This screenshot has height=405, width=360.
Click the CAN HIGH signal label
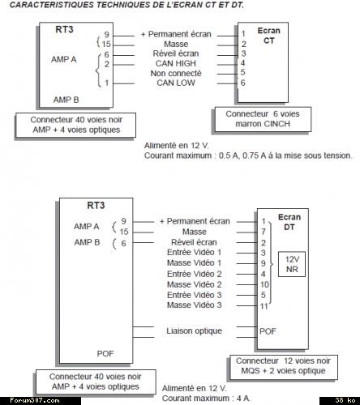(x=176, y=63)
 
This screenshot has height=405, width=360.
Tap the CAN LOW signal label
(x=176, y=83)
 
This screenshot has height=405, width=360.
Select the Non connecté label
(x=176, y=73)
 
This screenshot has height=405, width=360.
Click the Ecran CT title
(x=268, y=36)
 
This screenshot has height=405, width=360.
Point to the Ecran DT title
(x=289, y=222)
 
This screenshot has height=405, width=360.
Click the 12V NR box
(x=292, y=264)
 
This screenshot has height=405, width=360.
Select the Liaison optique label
(x=194, y=330)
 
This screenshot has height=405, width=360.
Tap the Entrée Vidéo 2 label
(x=195, y=274)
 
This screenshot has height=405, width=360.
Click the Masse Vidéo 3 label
(x=195, y=305)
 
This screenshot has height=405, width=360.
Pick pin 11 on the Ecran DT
(x=264, y=306)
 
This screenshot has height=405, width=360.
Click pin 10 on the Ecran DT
(x=264, y=284)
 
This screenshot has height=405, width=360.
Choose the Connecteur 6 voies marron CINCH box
(x=263, y=119)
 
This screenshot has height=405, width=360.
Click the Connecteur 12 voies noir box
(x=283, y=366)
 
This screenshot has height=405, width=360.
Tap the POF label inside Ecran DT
(x=268, y=331)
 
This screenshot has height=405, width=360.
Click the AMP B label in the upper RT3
(x=66, y=100)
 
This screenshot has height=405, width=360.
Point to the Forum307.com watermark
(x=35, y=400)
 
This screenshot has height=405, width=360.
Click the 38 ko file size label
(x=345, y=400)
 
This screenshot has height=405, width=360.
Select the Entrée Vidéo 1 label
(x=194, y=252)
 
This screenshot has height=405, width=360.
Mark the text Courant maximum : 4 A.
(x=207, y=399)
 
